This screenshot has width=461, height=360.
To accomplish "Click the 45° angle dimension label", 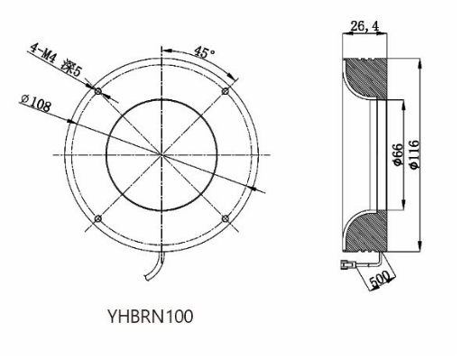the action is (205, 51).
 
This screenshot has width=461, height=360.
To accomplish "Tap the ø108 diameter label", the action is (36, 103).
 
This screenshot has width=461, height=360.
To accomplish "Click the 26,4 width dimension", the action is (364, 26).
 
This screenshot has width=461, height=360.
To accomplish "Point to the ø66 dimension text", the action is (398, 154).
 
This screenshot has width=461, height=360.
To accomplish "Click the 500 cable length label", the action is (380, 279).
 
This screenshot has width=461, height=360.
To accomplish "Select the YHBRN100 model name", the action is (150, 317).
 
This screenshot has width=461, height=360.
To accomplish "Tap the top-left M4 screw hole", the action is (98, 91).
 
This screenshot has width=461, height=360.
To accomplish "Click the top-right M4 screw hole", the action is (226, 91).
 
